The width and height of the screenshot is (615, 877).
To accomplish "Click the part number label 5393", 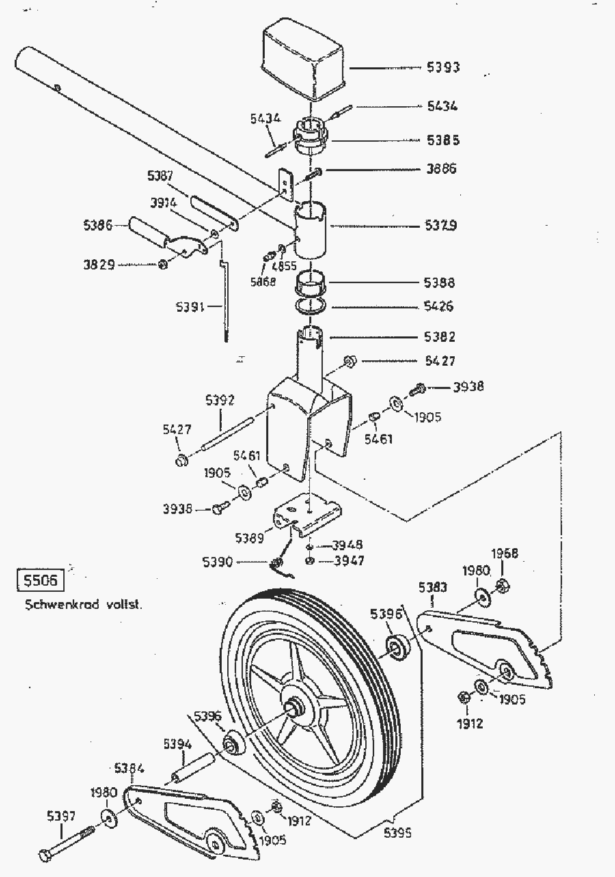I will click(443, 67).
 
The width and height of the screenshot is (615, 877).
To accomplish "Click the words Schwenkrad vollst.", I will click(83, 604).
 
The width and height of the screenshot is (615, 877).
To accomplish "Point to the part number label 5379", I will click(441, 225).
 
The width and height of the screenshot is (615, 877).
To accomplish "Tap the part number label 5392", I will click(220, 400).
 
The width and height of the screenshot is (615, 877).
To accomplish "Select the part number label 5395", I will click(399, 833).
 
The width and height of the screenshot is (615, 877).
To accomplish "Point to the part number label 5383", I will click(433, 586).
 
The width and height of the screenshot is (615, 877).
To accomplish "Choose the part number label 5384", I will click(129, 768).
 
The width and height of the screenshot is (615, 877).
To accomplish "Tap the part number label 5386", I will click(98, 225).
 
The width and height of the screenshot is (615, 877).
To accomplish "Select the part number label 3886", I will click(441, 169).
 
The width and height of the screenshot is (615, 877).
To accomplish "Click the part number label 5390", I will click(218, 561).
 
